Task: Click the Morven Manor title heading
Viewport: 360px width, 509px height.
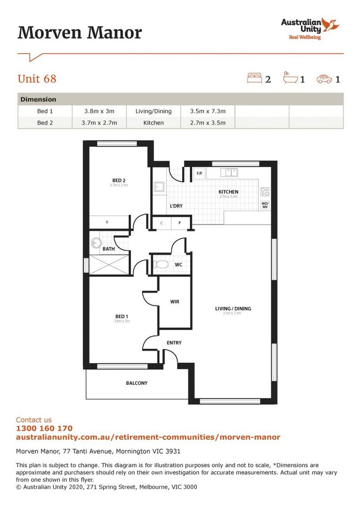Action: point(80,33)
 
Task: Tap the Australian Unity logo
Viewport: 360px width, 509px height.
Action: point(310,28)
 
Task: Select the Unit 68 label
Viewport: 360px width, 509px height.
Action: point(37,79)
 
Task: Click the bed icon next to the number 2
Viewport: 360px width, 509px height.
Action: point(254,78)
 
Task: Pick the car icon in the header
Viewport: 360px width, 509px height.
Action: point(324,79)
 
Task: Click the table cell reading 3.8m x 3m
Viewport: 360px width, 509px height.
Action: point(99,111)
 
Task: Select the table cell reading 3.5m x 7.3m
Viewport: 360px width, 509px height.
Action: point(208,111)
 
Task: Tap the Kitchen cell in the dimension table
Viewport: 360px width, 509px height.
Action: point(154,123)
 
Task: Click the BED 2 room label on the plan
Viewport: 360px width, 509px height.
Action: point(119,181)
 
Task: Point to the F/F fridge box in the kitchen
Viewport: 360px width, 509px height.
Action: point(199,173)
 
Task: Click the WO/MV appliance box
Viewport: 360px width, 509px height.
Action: point(265,205)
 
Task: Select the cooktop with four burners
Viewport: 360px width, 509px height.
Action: point(265,192)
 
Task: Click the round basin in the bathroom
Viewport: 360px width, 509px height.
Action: point(96,243)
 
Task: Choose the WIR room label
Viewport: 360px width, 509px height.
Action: point(174,302)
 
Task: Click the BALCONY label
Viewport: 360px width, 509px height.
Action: point(137,383)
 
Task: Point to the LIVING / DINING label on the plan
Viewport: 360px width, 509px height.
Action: point(233,309)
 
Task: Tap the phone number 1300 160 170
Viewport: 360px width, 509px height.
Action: point(44,428)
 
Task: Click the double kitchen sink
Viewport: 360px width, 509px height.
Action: point(231,172)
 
